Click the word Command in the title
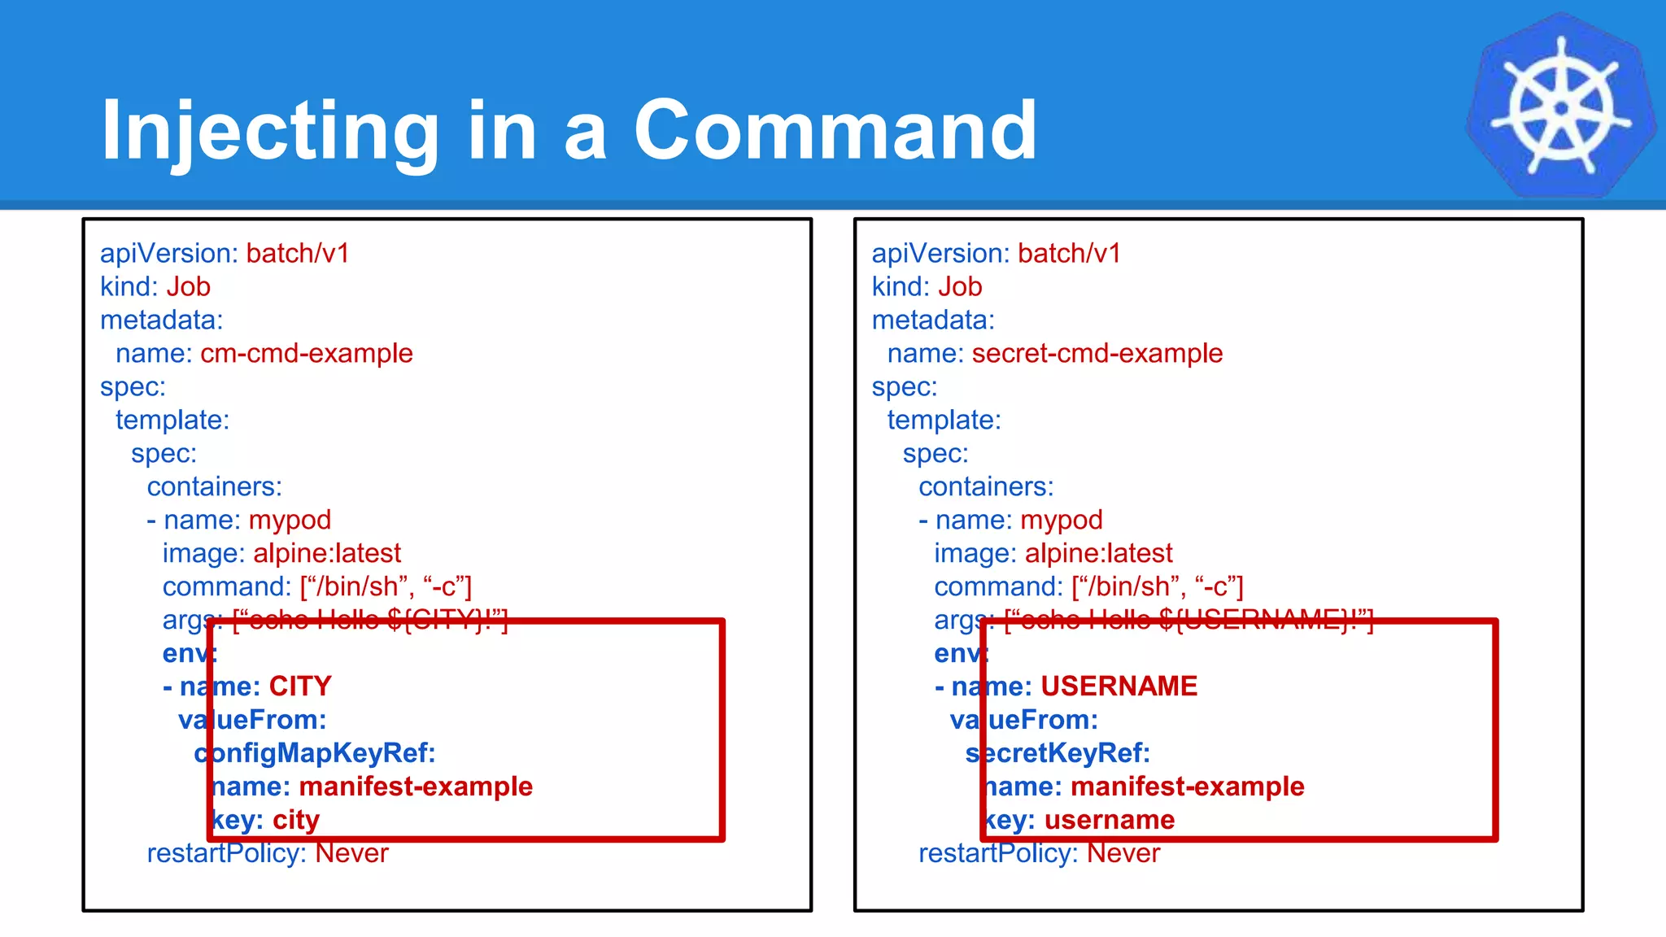[835, 130]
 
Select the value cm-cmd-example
[307, 354]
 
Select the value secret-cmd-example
[1097, 354]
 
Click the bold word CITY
[300, 686]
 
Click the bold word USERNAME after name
[1119, 686]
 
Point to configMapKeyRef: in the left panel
[315, 753]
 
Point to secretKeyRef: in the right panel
[1058, 753]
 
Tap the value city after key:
[296, 820]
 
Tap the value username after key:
[1110, 820]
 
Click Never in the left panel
[351, 853]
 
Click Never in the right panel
[1123, 853]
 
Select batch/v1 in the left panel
[298, 254]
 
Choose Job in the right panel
[960, 287]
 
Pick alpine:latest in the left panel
[327, 554]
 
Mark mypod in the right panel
[1062, 521]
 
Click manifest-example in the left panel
[416, 787]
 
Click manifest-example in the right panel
[1188, 787]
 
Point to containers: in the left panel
[215, 487]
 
